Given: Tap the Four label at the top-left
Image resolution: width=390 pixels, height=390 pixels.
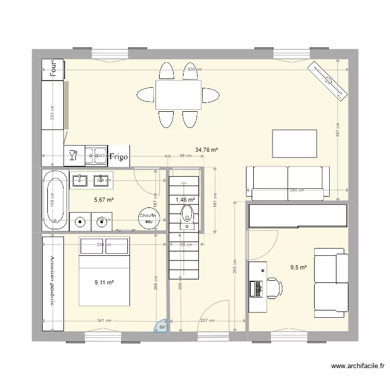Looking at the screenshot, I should pyautogui.click(x=53, y=69).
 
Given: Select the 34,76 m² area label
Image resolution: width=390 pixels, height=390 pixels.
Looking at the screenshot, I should pyautogui.click(x=206, y=150).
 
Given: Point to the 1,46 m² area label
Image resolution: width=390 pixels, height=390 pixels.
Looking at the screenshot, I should pyautogui.click(x=185, y=200).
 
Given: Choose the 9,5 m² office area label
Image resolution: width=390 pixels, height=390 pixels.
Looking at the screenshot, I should pyautogui.click(x=298, y=268).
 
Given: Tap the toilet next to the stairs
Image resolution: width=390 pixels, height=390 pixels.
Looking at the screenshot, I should pyautogui.click(x=186, y=216).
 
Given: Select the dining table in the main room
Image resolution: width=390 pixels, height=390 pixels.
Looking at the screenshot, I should pyautogui.click(x=178, y=95).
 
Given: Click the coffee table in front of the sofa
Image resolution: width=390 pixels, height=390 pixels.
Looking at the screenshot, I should pyautogui.click(x=294, y=143).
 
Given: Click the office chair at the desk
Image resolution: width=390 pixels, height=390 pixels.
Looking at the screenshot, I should pyautogui.click(x=274, y=287).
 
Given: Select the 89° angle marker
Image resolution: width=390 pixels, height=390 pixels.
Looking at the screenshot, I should pyautogui.click(x=162, y=326).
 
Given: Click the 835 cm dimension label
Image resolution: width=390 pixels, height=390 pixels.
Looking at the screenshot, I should pyautogui.click(x=194, y=70).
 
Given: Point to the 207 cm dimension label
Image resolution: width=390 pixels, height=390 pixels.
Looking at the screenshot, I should pyautogui.click(x=208, y=321).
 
